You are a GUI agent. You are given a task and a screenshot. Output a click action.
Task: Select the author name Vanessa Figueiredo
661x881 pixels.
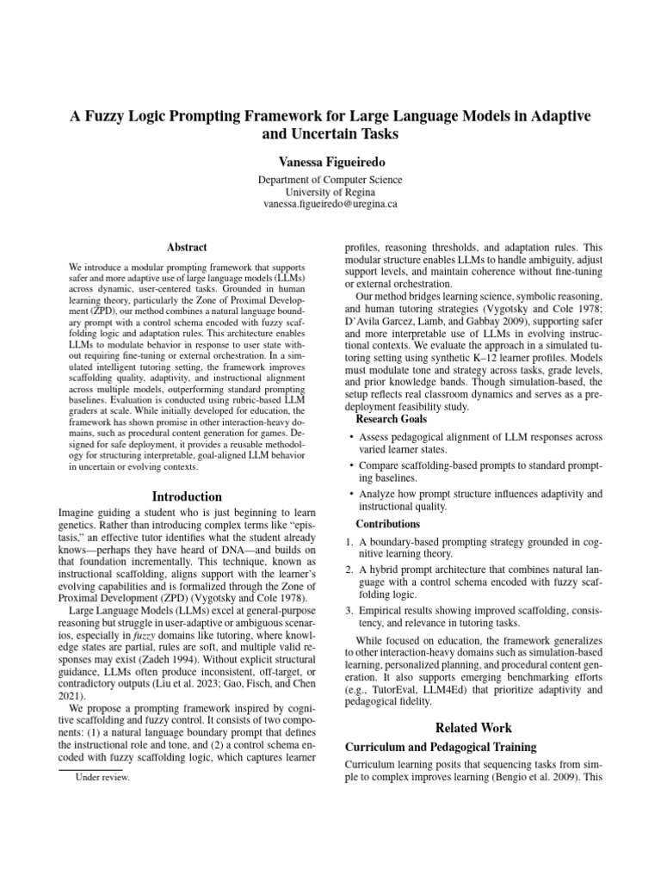(330, 162)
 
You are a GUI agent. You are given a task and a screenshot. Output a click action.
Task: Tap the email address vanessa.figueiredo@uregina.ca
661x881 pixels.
(330, 206)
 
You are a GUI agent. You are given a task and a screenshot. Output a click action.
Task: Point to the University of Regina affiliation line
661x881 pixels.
(330, 193)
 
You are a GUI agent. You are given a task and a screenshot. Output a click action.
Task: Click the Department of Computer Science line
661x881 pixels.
(330, 180)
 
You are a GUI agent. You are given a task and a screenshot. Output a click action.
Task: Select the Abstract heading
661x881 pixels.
(187, 247)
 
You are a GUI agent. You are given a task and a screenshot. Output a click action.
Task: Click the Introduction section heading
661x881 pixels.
(187, 496)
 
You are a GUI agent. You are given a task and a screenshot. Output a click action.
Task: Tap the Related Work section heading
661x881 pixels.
(473, 727)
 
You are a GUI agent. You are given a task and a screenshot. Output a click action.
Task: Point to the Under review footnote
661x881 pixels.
(103, 776)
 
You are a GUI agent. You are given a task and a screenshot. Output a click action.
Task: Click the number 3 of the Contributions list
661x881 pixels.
(349, 610)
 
